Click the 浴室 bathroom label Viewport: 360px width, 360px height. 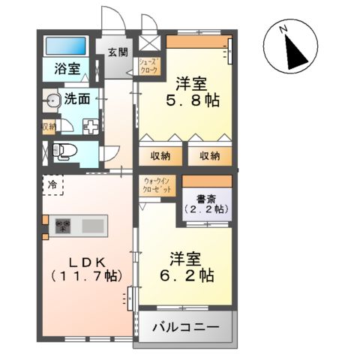pyautogui.click(x=67, y=68)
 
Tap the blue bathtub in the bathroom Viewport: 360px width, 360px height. pyautogui.click(x=67, y=46)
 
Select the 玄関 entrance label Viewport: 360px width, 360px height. pyautogui.click(x=117, y=52)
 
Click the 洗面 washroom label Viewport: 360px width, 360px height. pyautogui.click(x=77, y=97)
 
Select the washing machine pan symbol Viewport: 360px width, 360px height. pyautogui.click(x=91, y=125)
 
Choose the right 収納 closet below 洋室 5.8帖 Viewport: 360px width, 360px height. pyautogui.click(x=209, y=156)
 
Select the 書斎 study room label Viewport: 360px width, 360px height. pyautogui.click(x=205, y=199)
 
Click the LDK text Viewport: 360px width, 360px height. pyautogui.click(x=84, y=262)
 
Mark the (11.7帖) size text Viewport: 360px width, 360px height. pyautogui.click(x=84, y=277)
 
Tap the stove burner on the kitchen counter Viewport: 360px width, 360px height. pyautogui.click(x=62, y=225)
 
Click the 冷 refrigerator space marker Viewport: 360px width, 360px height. pyautogui.click(x=53, y=182)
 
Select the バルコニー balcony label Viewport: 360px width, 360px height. pyautogui.click(x=186, y=328)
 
